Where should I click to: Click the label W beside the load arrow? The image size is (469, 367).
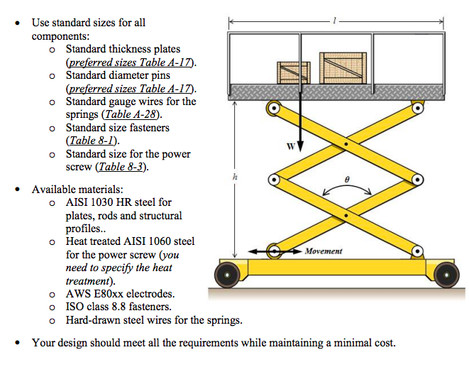pyautogui.click(x=291, y=146)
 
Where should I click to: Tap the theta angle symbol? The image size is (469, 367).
pyautogui.click(x=347, y=180)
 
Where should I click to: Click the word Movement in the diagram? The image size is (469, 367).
pyautogui.click(x=324, y=251)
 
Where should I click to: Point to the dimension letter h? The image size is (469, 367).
pyautogui.click(x=235, y=177)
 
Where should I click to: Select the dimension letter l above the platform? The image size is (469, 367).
pyautogui.click(x=335, y=21)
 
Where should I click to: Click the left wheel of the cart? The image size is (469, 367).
pyautogui.click(x=227, y=275)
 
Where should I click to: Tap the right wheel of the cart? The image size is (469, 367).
pyautogui.click(x=446, y=275)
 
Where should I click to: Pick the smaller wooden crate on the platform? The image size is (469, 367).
pyautogui.click(x=294, y=72)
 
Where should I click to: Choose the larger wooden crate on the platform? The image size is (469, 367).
pyautogui.click(x=343, y=68)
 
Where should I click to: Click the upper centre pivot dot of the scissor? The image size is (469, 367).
pyautogui.click(x=346, y=144)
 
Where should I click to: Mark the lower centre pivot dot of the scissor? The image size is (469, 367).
pyautogui.click(x=346, y=216)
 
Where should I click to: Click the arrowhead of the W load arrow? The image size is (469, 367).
pyautogui.click(x=300, y=147)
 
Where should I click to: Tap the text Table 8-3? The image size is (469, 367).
pyautogui.click(x=121, y=167)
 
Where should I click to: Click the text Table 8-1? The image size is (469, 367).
pyautogui.click(x=92, y=141)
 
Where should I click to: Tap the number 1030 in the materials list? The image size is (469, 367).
pyautogui.click(x=101, y=202)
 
